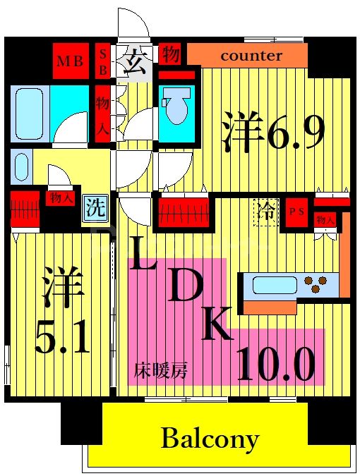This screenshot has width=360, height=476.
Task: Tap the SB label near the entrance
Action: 103,61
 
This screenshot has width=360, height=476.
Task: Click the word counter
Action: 251,56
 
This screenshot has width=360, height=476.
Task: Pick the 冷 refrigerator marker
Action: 265,211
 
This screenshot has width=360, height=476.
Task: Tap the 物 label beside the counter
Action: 169,54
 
